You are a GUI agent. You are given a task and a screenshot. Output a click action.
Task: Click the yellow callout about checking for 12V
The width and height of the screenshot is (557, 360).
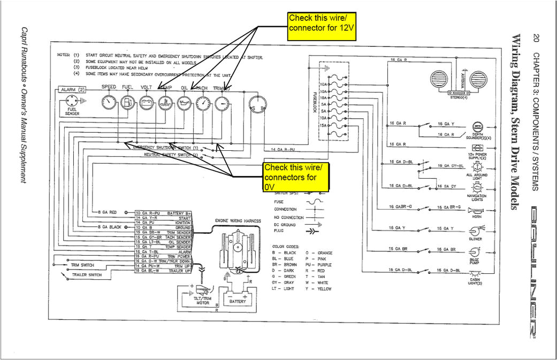319,27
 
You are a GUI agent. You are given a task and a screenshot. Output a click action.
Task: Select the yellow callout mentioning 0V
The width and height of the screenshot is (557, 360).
296,177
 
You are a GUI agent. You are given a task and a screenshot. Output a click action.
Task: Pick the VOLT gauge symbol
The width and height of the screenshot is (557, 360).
147,102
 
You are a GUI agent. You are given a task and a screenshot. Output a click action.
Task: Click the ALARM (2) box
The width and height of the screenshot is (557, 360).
73,89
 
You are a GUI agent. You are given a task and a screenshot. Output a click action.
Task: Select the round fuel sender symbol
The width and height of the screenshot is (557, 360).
72,101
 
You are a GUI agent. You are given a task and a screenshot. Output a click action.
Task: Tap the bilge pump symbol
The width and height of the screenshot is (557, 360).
475,251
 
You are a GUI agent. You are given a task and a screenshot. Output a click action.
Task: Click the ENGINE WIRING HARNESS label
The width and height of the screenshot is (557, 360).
238,220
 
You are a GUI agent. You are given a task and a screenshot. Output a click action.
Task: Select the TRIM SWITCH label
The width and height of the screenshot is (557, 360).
81,265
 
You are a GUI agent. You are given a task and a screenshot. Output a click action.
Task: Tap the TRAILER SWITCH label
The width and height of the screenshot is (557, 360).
87,275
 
